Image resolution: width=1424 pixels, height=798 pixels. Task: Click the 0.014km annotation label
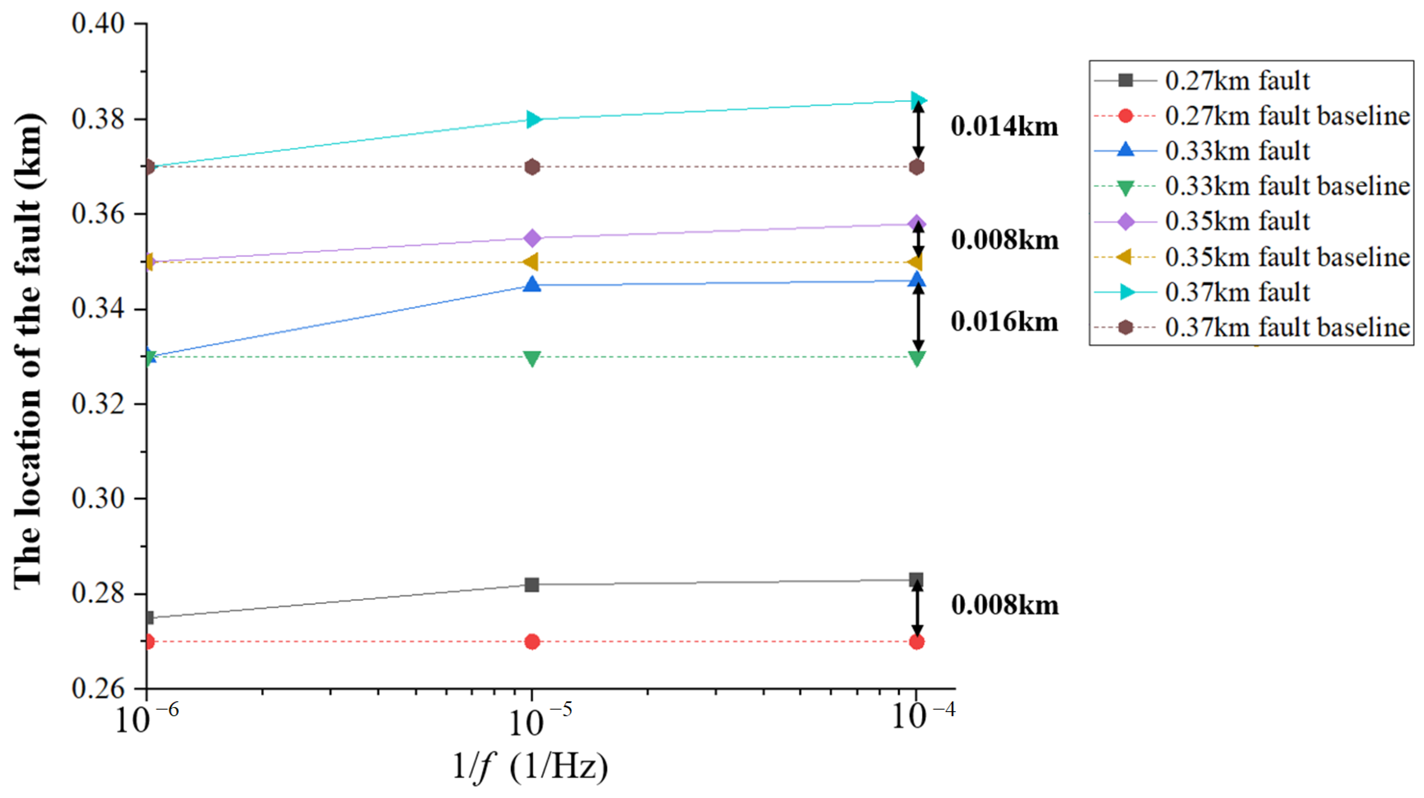pyautogui.click(x=1004, y=126)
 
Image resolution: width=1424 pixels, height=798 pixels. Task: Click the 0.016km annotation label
pyautogui.click(x=1004, y=322)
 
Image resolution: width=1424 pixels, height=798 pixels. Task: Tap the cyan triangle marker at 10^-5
pyautogui.click(x=533, y=119)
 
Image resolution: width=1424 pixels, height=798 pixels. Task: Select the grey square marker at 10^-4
pyautogui.click(x=917, y=580)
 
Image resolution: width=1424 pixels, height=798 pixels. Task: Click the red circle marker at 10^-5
pyautogui.click(x=532, y=642)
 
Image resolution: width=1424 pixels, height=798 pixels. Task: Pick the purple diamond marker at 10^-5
pyautogui.click(x=532, y=238)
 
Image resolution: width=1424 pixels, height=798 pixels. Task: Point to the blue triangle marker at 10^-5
pyautogui.click(x=532, y=284)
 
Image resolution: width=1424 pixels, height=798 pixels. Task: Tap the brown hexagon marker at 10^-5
pyautogui.click(x=532, y=167)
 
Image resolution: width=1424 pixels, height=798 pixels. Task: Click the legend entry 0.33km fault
pyautogui.click(x=1237, y=151)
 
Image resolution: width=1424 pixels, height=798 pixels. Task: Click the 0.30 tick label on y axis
pyautogui.click(x=98, y=498)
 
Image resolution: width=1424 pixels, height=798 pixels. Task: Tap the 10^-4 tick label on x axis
pyautogui.click(x=923, y=716)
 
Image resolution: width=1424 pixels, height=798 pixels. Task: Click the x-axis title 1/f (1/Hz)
pyautogui.click(x=530, y=767)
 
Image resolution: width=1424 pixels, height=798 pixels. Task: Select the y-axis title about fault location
pyautogui.click(x=28, y=352)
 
